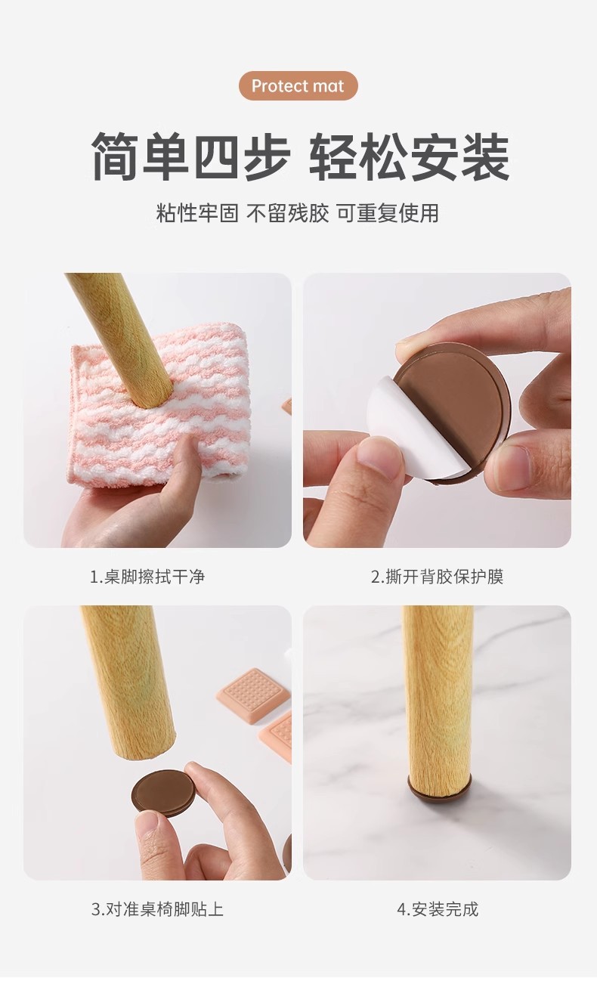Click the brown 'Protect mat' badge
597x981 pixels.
[x=298, y=86]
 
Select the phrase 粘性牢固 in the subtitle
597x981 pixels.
[x=197, y=213]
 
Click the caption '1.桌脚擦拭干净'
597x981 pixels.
[x=147, y=577]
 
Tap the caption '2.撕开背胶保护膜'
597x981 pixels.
[x=437, y=577]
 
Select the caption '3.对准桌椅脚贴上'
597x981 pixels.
[x=157, y=909]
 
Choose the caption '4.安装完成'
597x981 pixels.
[x=438, y=909]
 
